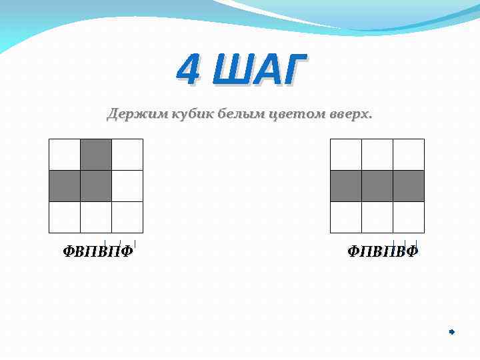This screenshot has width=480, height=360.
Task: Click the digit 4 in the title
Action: point(189,70)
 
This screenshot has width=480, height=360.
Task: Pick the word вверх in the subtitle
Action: point(351,115)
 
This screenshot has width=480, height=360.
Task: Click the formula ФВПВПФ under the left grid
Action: point(98,251)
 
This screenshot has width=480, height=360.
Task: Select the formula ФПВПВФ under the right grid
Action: point(383,251)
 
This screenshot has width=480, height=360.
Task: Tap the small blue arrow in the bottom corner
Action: point(451,331)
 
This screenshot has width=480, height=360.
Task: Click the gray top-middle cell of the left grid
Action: point(96,155)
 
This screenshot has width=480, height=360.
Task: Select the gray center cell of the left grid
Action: point(96,186)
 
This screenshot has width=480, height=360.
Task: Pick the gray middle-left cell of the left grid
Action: point(65,186)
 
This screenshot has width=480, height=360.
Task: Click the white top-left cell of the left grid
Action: point(65,155)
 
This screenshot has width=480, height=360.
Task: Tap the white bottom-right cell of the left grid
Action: point(127,217)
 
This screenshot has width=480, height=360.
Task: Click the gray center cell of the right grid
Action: point(377,186)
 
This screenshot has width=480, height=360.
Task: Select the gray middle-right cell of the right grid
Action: point(409,186)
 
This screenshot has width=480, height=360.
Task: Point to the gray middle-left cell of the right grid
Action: point(346,186)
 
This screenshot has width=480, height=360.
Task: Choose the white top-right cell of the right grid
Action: point(409,155)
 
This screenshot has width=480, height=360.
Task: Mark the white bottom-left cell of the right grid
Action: point(346,217)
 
